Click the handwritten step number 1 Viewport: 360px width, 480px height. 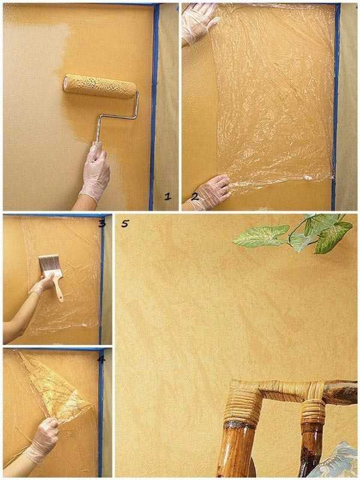[167, 197]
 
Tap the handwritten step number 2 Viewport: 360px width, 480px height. [194, 197]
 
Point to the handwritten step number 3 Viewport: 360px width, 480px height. [102, 224]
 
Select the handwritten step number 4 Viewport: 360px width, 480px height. [101, 359]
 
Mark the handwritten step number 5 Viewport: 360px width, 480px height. [125, 223]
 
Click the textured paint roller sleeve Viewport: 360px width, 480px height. [100, 86]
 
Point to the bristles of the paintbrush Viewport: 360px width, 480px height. [50, 264]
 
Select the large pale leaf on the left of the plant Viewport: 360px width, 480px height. [261, 236]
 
